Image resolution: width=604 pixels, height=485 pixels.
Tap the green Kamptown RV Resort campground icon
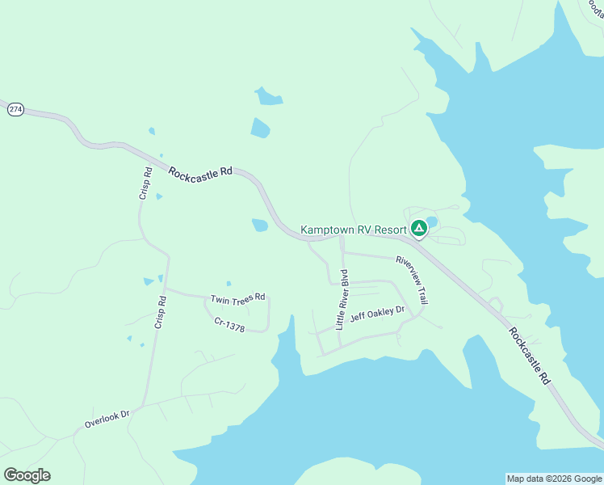coord(418,229)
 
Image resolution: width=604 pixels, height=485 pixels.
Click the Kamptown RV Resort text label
coord(353,230)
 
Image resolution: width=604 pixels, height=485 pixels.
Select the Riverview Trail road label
coord(411,280)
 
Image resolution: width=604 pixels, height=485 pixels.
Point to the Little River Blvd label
coord(345,299)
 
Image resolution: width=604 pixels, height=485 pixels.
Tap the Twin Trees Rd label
coord(238,298)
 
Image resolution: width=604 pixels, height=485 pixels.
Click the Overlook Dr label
coord(107,419)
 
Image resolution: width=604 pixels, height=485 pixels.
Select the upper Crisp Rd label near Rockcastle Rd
coord(146,183)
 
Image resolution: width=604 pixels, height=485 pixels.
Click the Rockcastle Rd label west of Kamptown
coord(200,171)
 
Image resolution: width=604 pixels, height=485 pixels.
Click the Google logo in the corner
coord(27,475)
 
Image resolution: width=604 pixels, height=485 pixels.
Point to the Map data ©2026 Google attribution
coord(554,479)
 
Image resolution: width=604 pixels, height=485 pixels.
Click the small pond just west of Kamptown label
coord(260,226)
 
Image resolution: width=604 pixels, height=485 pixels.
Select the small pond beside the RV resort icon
coord(432,221)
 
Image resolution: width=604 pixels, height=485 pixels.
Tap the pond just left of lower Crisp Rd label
coord(149,281)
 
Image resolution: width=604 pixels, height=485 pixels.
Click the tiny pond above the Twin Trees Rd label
coord(229,284)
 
